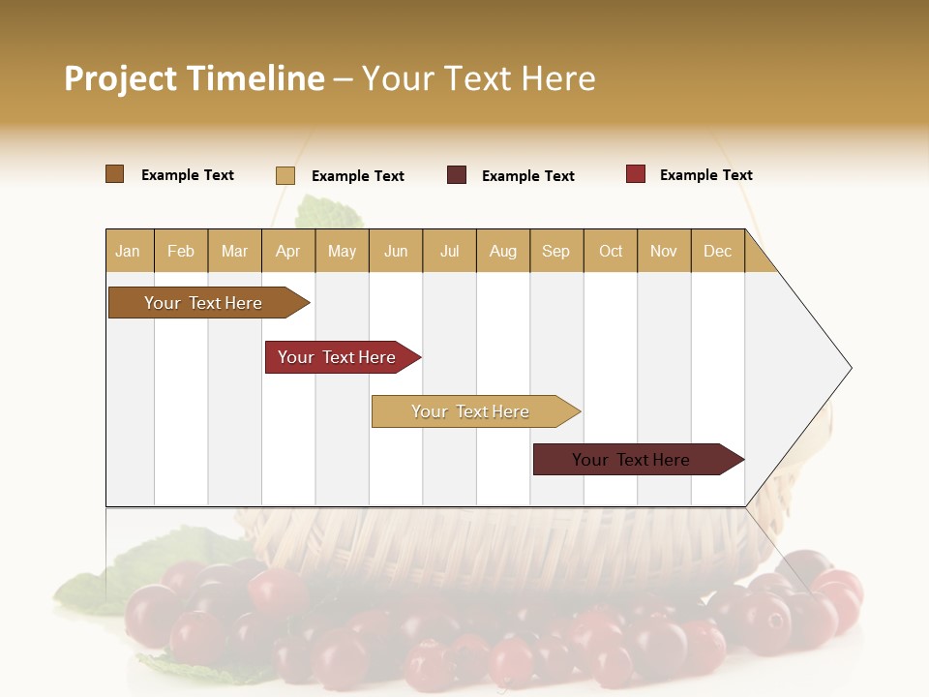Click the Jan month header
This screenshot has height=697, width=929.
(128, 252)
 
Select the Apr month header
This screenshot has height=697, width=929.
(287, 252)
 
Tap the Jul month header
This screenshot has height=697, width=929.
(449, 252)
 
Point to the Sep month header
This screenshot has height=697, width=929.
(555, 252)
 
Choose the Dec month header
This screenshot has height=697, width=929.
(717, 252)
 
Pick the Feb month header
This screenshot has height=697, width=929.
(181, 252)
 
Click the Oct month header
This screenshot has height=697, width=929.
(611, 252)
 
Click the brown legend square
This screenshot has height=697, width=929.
(114, 174)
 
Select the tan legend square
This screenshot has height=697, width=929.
(285, 175)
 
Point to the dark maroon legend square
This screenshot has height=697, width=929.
(457, 175)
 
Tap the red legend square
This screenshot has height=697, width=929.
(635, 174)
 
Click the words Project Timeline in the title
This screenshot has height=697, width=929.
(195, 78)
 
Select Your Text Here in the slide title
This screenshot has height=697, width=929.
(478, 78)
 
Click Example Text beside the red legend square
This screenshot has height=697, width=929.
(705, 175)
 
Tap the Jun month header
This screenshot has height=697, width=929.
(396, 252)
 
